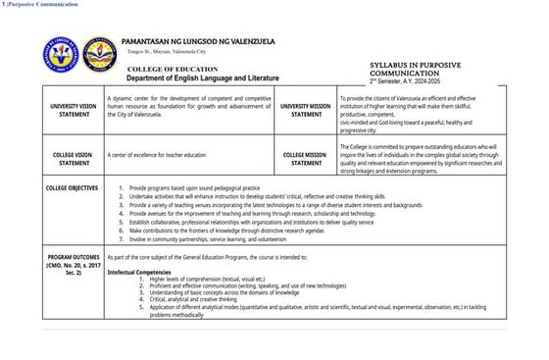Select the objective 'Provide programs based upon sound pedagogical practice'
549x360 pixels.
(201, 186)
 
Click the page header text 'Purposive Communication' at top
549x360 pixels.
(42, 5)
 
